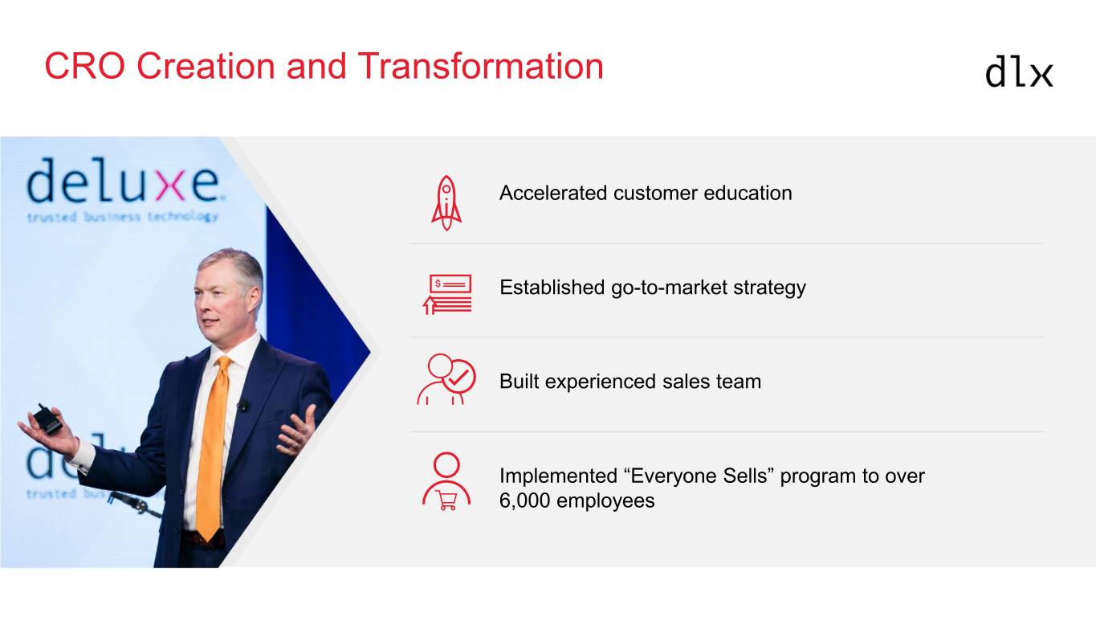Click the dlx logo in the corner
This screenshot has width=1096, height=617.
pos(1019,72)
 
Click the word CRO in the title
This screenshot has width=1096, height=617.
pos(85,66)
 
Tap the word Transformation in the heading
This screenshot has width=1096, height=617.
pos(480,66)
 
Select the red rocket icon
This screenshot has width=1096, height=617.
pos(446,202)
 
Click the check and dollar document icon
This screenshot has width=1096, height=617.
pos(447,294)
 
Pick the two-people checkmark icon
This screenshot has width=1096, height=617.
pos(446,379)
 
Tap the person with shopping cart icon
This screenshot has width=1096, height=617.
pos(446,481)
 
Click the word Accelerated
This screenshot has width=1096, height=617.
pos(553,193)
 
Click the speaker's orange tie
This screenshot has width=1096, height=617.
pos(212,446)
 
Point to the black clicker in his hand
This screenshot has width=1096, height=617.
pos(47,420)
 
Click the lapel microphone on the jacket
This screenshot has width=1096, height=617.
pos(242,405)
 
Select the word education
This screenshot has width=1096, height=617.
pos(748,193)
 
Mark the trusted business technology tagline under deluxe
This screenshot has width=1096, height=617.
pos(122,217)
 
